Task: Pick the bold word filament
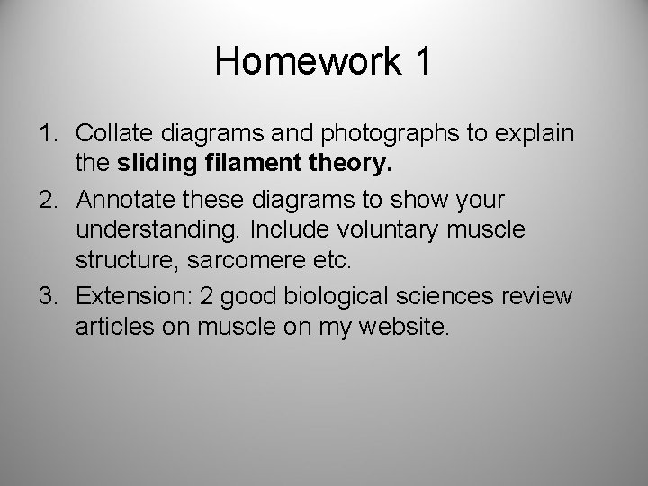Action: pos(227,165)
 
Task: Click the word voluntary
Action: pos(381,229)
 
